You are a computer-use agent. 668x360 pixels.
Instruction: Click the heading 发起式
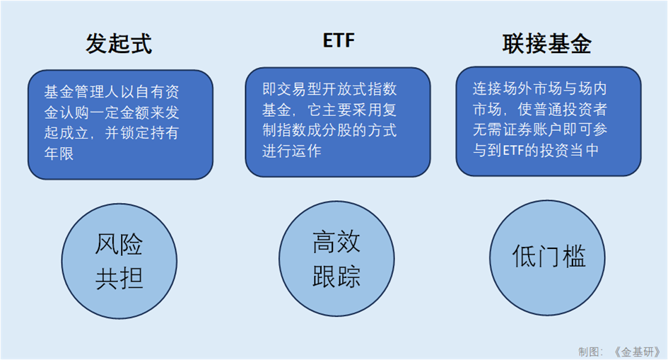pyautogui.click(x=119, y=43)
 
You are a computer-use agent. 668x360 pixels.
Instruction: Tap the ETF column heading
pyautogui.click(x=339, y=41)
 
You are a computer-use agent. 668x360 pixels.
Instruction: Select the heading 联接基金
pyautogui.click(x=546, y=43)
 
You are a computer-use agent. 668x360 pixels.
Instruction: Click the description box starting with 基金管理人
pyautogui.click(x=121, y=124)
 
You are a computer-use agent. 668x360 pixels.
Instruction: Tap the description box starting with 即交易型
pyautogui.click(x=338, y=122)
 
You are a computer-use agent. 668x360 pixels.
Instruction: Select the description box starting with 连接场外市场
pyautogui.click(x=549, y=121)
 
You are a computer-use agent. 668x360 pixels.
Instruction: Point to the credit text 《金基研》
pyautogui.click(x=637, y=352)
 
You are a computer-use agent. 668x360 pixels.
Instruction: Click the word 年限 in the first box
pyautogui.click(x=59, y=153)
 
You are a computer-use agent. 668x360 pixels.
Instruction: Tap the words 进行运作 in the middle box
pyautogui.click(x=292, y=151)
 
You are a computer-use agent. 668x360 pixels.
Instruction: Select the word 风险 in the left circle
pyautogui.click(x=119, y=244)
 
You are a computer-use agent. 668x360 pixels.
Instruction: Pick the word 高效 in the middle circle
pyautogui.click(x=336, y=242)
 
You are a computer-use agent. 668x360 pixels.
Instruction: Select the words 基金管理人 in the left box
pyautogui.click(x=81, y=92)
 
